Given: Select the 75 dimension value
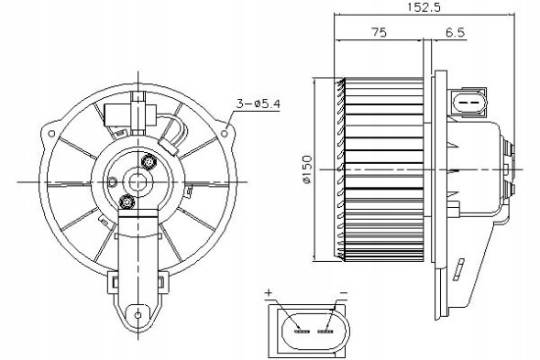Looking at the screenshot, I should pyautogui.click(x=378, y=32).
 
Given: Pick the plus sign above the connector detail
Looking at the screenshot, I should pyautogui.click(x=270, y=293).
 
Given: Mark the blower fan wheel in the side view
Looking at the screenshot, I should pyautogui.click(x=383, y=169).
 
